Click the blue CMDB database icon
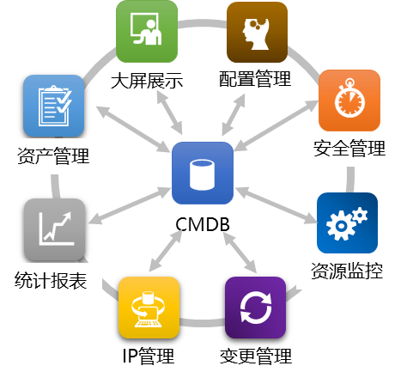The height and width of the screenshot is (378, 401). click(203, 173)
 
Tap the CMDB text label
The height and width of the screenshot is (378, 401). click(203, 224)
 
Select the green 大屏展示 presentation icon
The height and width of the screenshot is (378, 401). click(147, 31)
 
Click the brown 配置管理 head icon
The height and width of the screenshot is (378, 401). click(257, 32)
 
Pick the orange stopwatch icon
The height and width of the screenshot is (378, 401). click(349, 101)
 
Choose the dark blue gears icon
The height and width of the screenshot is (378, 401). click(347, 223)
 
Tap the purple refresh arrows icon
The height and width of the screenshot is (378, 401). click(255, 308)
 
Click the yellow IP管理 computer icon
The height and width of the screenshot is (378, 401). click(149, 308)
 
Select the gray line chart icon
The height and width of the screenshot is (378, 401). click(54, 230)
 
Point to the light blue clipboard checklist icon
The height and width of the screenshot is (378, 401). click(53, 106)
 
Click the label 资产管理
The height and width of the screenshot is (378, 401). click(53, 156)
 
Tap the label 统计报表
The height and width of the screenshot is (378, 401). click(51, 280)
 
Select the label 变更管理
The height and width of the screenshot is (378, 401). click(256, 356)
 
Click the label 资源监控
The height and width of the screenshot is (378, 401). click(347, 271)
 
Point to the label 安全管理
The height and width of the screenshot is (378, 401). click(349, 148)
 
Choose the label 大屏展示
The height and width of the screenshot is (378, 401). click(147, 81)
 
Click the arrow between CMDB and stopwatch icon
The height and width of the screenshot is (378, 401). click(276, 125)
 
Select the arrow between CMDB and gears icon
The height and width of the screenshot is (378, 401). click(276, 205)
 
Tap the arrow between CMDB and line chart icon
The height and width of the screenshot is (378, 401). click(130, 205)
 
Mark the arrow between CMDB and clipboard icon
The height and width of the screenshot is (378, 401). click(133, 129)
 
